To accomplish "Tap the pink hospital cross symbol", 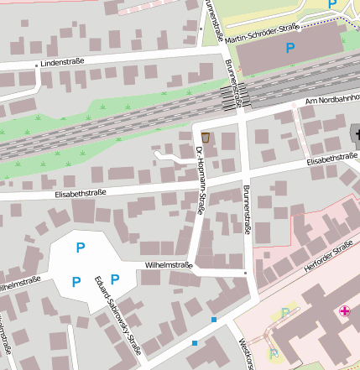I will [x=344, y=311].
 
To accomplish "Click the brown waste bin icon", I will [x=206, y=137].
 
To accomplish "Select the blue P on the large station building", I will [x=290, y=49].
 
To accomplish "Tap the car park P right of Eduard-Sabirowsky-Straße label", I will [x=115, y=279].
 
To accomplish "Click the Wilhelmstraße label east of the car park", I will [x=169, y=265].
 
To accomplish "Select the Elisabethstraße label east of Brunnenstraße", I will [x=332, y=158].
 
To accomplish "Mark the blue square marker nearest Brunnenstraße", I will [x=215, y=320].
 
